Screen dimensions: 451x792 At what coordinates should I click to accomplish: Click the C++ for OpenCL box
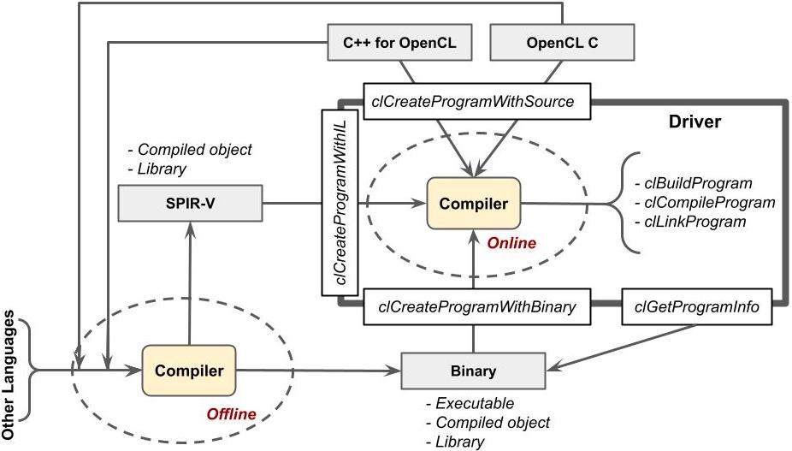click(400, 41)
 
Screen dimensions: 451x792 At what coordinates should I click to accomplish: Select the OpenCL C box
click(562, 41)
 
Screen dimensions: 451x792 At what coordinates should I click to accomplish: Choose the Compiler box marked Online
click(474, 203)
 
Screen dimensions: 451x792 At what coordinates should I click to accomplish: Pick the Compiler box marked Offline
click(188, 371)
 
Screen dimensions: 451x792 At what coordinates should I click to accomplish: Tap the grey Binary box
click(473, 371)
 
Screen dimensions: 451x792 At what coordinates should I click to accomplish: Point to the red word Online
click(511, 243)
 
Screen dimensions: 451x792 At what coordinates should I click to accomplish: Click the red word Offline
click(231, 414)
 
